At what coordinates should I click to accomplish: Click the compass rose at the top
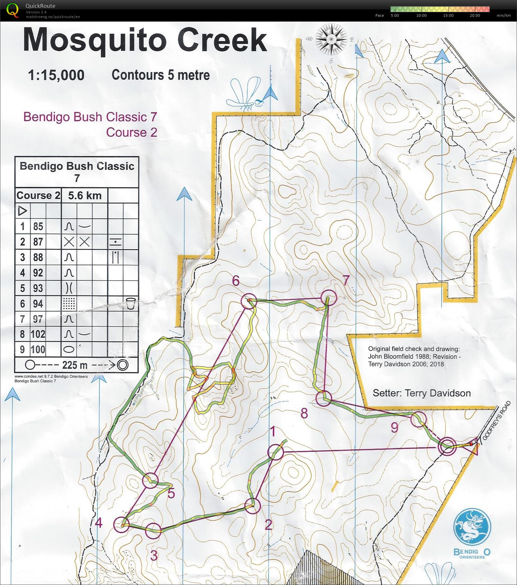331,39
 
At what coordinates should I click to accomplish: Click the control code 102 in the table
38,334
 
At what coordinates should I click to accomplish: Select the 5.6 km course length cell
85,196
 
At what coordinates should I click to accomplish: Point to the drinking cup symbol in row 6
130,303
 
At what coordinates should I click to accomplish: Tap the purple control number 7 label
346,281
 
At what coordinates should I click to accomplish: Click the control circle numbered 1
275,452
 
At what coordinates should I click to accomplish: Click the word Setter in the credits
386,393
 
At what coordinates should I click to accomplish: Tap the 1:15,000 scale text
56,75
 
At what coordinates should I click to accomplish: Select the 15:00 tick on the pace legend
448,15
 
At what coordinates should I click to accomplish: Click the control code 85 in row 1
38,227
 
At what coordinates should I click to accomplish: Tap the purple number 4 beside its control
98,522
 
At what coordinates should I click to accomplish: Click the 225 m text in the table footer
74,365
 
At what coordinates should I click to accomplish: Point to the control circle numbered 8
324,398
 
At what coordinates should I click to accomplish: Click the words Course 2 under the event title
131,132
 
